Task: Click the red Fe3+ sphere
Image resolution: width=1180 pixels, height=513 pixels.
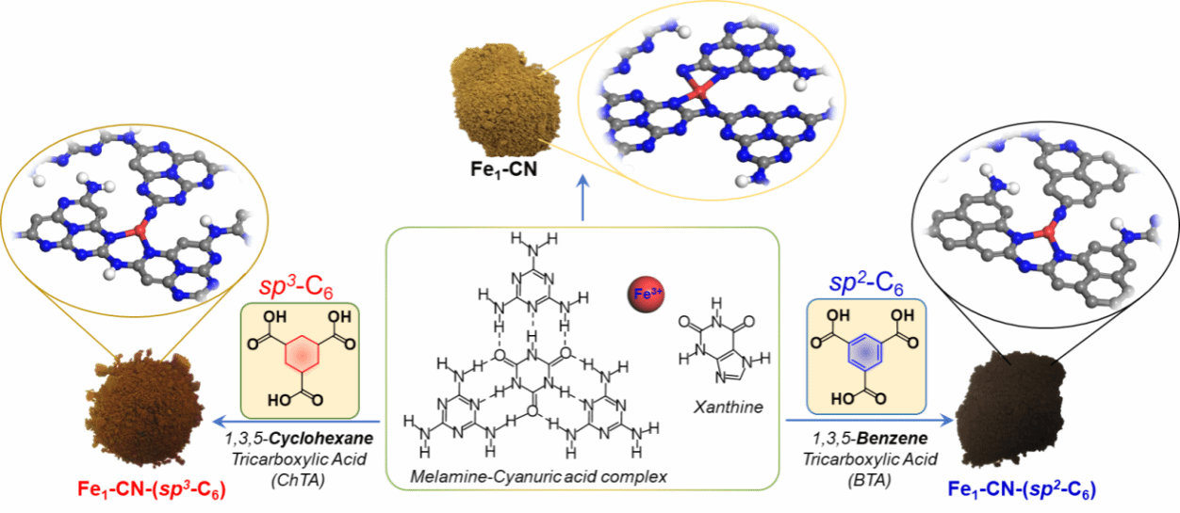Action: (x=646, y=294)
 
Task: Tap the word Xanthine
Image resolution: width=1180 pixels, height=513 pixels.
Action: (x=729, y=407)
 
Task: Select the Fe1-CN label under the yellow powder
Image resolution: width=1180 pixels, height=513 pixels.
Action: (x=503, y=169)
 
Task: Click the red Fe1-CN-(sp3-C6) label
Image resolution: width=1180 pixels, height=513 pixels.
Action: (x=152, y=489)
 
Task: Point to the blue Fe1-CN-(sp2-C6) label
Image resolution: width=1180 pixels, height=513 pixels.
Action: (x=1022, y=489)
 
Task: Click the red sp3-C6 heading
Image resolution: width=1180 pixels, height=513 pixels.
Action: (x=296, y=287)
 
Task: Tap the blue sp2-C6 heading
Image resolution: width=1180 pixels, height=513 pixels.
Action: (x=866, y=283)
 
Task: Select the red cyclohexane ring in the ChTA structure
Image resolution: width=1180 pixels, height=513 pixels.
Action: (x=302, y=354)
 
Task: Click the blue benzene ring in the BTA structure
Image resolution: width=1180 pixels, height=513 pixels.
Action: (x=864, y=352)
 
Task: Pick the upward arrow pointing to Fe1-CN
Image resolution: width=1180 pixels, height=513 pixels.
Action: (x=582, y=198)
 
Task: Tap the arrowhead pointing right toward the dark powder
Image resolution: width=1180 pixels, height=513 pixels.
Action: (x=946, y=420)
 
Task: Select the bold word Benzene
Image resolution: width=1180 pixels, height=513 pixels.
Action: (x=893, y=438)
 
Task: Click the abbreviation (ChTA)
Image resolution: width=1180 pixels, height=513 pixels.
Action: (x=298, y=480)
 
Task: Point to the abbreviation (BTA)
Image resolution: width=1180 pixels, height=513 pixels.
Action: (x=869, y=480)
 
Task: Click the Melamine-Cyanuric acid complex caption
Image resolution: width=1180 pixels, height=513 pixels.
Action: (x=538, y=476)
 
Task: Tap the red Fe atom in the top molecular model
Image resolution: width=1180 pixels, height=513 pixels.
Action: (x=699, y=91)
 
